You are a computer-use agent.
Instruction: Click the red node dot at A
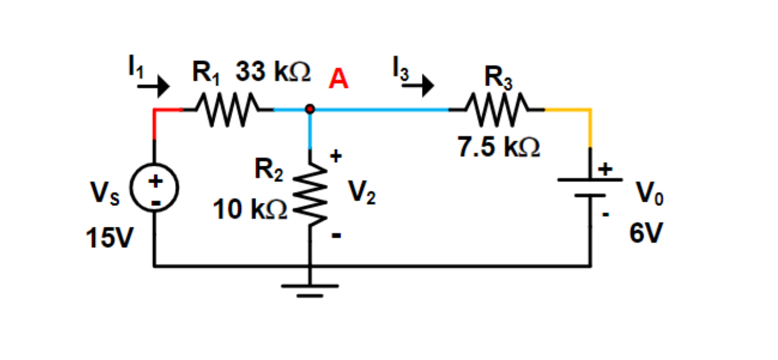tap(310, 109)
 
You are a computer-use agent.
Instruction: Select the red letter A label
tap(338, 80)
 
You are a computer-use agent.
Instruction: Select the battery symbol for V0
tap(590, 187)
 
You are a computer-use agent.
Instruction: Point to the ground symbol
tap(310, 289)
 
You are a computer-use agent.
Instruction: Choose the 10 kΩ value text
tap(250, 209)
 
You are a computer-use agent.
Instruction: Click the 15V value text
tap(109, 238)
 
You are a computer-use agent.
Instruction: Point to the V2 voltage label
tap(362, 192)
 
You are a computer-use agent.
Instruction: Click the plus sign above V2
tap(336, 156)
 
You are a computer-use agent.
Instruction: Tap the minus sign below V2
tap(336, 237)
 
